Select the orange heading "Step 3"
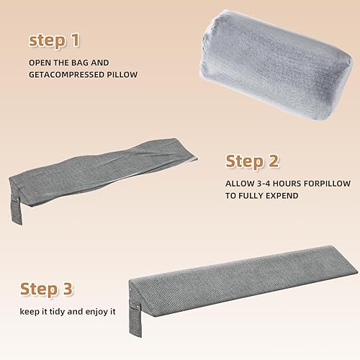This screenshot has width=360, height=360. [47, 289]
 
